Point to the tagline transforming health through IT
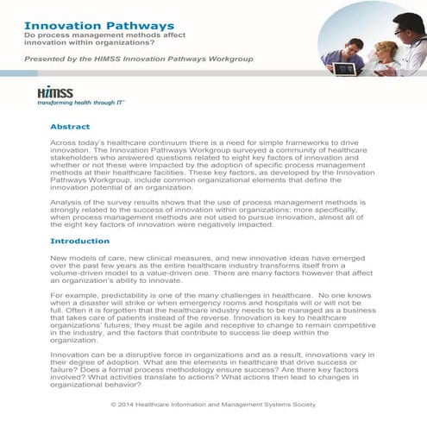pos(83,102)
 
